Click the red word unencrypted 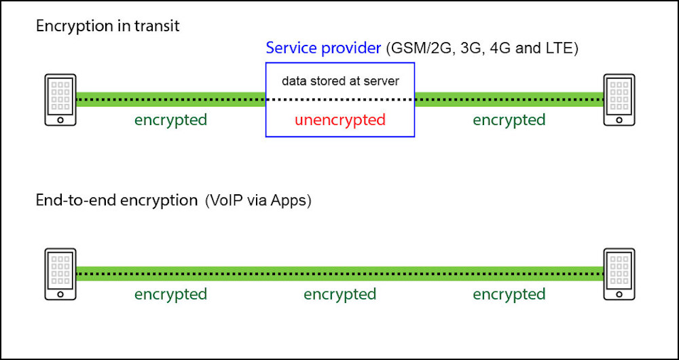click(x=340, y=120)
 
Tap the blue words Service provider click(x=323, y=48)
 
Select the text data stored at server click(x=340, y=82)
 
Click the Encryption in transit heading click(x=107, y=26)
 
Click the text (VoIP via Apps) click(x=258, y=202)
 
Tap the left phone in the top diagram click(x=60, y=100)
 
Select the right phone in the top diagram click(x=619, y=100)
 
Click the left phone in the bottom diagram click(x=60, y=274)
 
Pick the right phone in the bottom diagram click(x=619, y=274)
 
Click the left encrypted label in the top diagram click(x=170, y=120)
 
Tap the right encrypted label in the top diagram click(x=509, y=120)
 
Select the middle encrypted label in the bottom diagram click(x=340, y=295)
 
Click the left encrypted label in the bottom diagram click(x=170, y=295)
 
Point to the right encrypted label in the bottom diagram click(x=509, y=295)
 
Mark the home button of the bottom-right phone click(x=619, y=294)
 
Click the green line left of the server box click(x=171, y=100)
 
